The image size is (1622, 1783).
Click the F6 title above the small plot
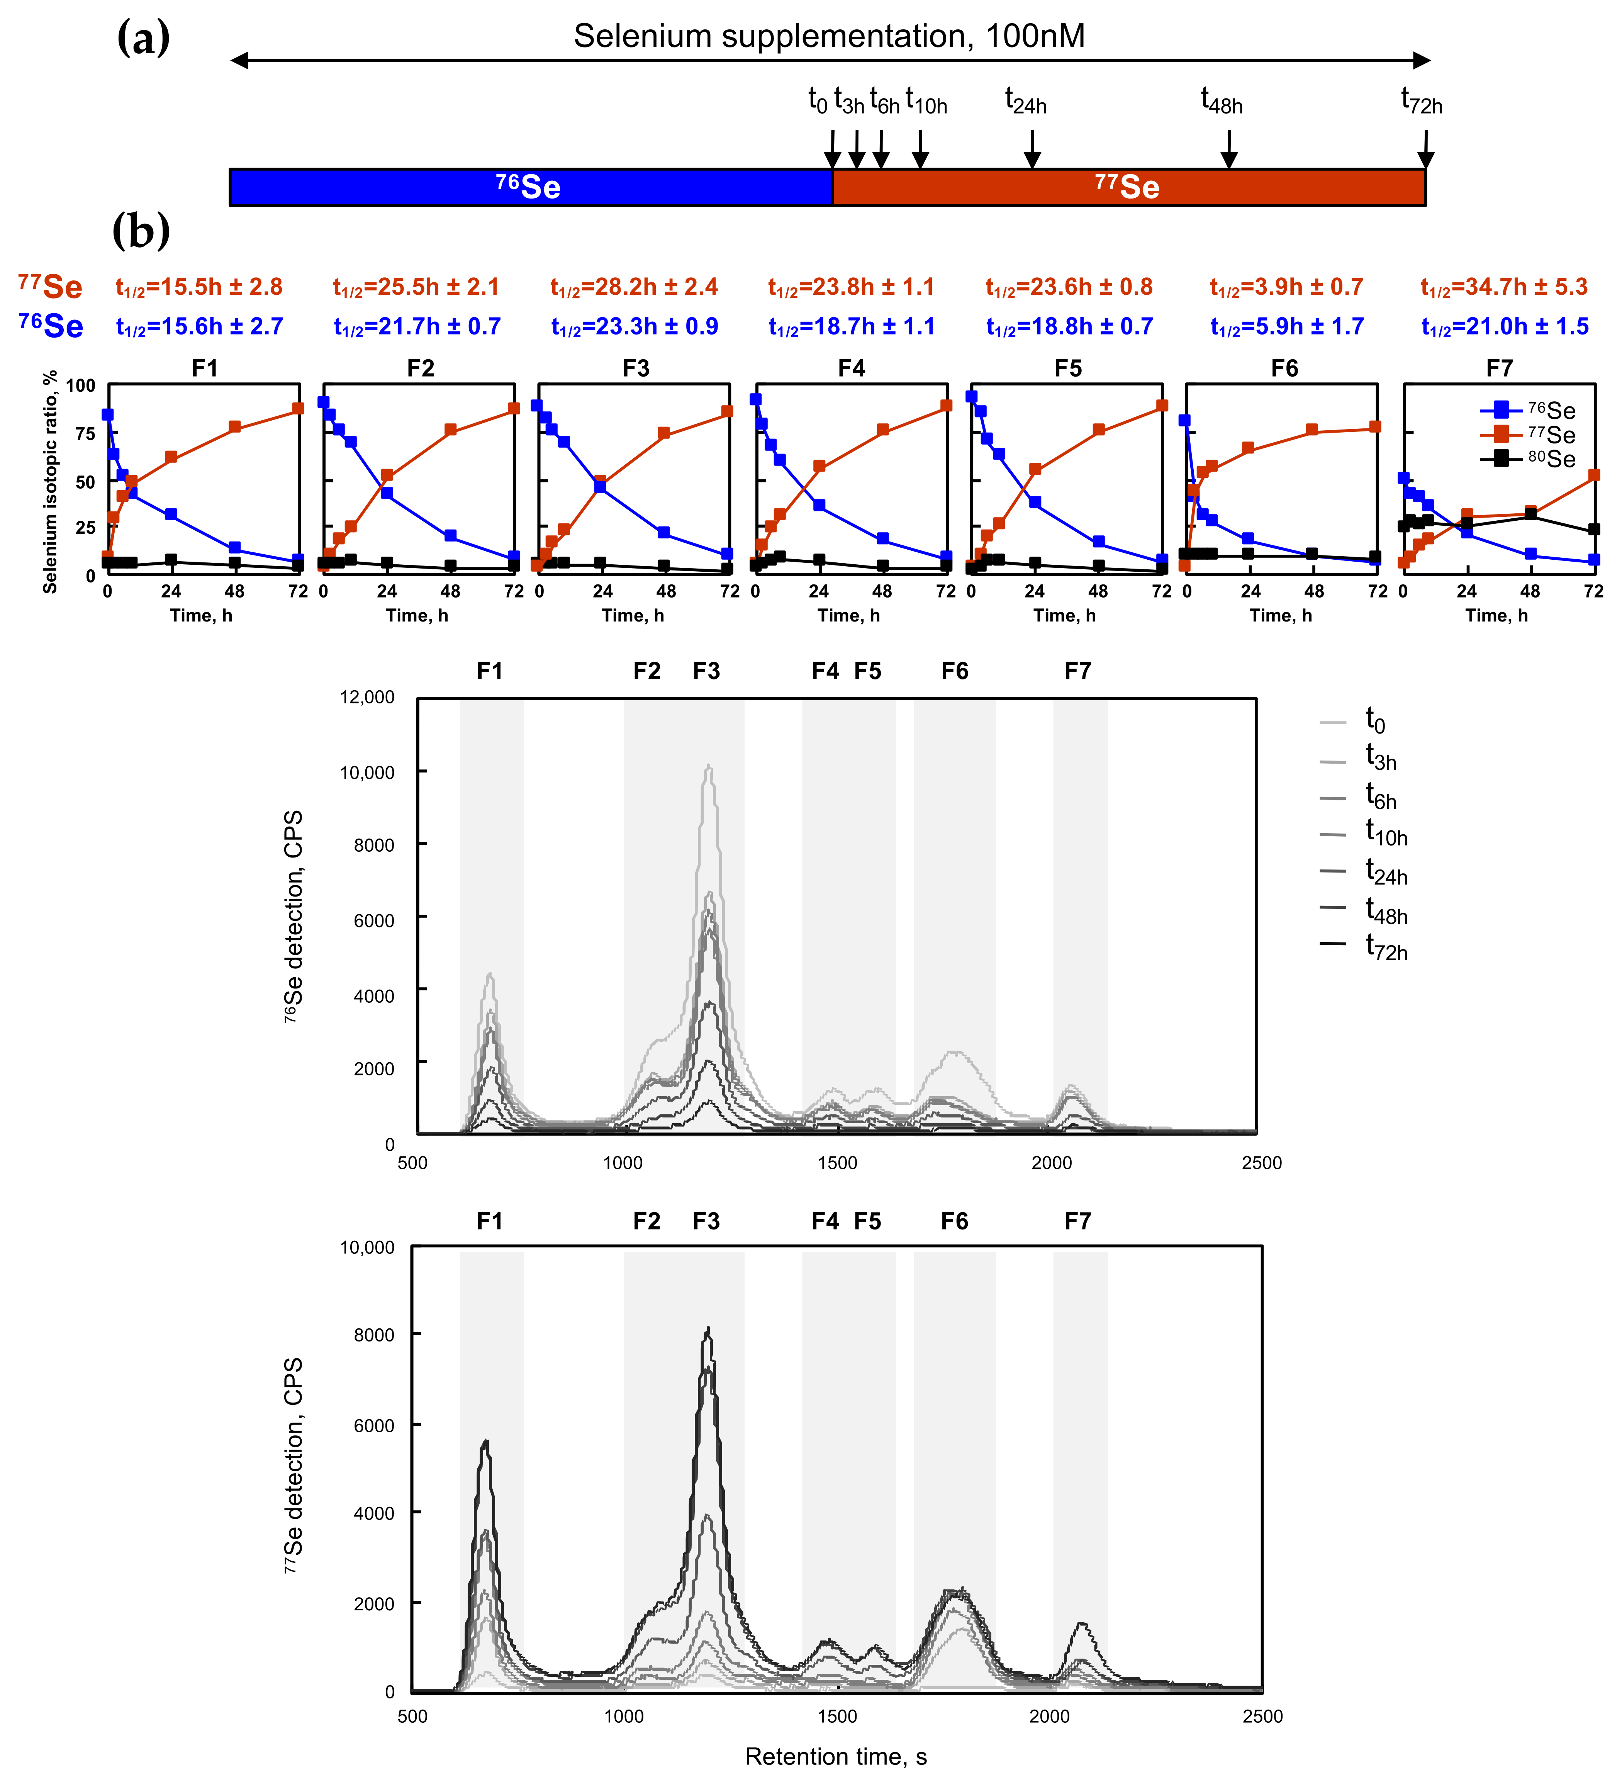pos(1284,368)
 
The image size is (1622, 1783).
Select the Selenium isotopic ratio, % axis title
pos(51,482)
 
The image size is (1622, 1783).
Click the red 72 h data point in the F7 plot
pos(1594,475)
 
